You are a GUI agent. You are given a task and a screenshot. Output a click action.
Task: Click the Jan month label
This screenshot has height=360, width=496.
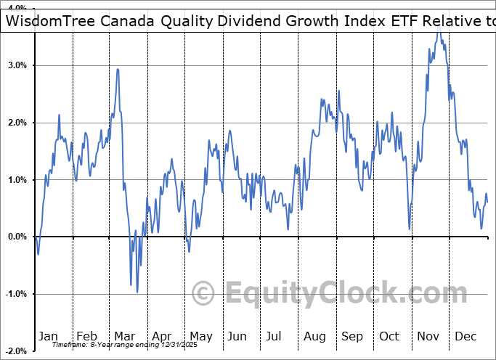tap(47, 336)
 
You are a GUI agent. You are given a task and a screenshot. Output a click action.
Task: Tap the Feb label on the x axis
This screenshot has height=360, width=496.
tap(86, 336)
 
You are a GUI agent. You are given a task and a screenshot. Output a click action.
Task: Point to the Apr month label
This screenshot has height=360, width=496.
tap(161, 336)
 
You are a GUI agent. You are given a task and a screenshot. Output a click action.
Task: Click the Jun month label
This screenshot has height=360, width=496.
tap(237, 336)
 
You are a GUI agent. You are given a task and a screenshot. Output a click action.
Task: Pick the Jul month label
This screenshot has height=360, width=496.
tap(275, 336)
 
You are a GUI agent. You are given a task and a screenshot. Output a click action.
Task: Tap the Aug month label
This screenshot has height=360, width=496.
tap(314, 336)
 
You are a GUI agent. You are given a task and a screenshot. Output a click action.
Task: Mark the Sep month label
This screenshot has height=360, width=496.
tap(352, 336)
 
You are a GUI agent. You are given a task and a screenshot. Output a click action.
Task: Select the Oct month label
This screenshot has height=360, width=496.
tap(389, 336)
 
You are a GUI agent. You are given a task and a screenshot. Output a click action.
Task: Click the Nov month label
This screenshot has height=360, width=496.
tap(428, 336)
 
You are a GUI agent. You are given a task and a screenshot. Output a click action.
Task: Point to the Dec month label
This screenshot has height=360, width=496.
tap(465, 336)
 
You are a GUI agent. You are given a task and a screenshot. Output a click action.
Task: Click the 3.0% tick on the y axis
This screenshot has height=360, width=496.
tap(16, 65)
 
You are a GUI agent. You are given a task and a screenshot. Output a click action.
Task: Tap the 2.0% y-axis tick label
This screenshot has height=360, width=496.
tap(16, 123)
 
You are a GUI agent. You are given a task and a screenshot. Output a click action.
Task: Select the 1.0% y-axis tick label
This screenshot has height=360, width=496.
tap(16, 180)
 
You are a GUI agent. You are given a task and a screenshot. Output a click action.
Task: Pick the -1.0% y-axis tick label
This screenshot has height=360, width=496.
tap(15, 294)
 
